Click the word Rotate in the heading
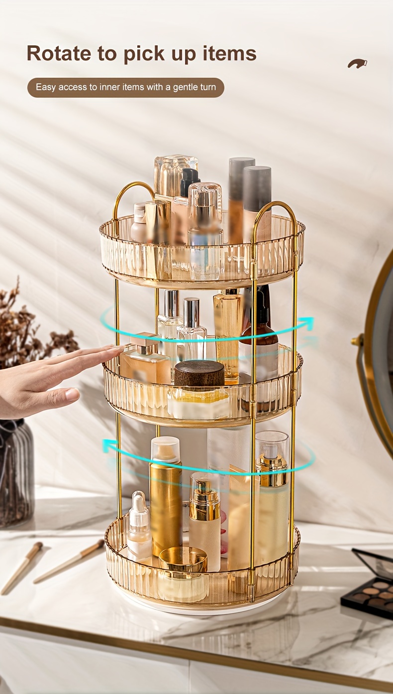(x=59, y=53)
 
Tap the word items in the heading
(x=230, y=53)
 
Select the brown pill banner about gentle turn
(x=126, y=87)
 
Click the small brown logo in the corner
(x=357, y=63)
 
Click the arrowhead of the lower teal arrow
(x=109, y=446)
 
